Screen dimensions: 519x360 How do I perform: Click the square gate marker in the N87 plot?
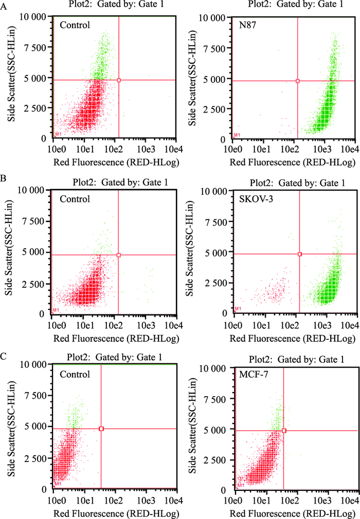click(298, 81)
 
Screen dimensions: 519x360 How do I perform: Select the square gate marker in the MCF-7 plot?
click(283, 430)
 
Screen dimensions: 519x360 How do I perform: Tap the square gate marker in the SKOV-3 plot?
click(300, 254)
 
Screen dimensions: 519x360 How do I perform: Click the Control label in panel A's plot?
click(75, 24)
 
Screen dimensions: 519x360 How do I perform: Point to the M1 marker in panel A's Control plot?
click(57, 134)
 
